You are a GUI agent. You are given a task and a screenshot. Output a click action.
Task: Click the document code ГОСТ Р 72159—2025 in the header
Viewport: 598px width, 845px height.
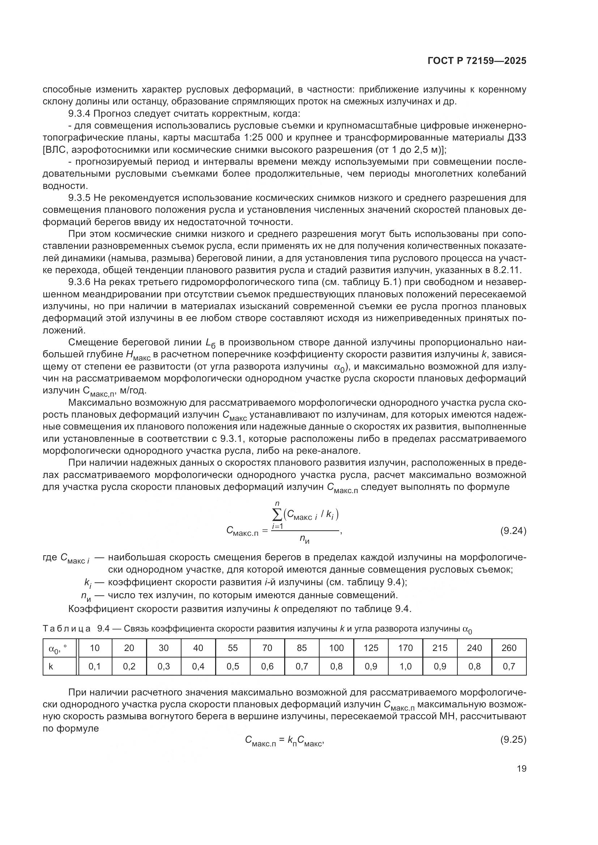(x=477, y=61)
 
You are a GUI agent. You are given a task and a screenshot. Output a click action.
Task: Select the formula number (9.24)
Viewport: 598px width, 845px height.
(x=513, y=531)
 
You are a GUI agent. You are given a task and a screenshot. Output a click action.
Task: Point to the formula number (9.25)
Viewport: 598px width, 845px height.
(x=513, y=740)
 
